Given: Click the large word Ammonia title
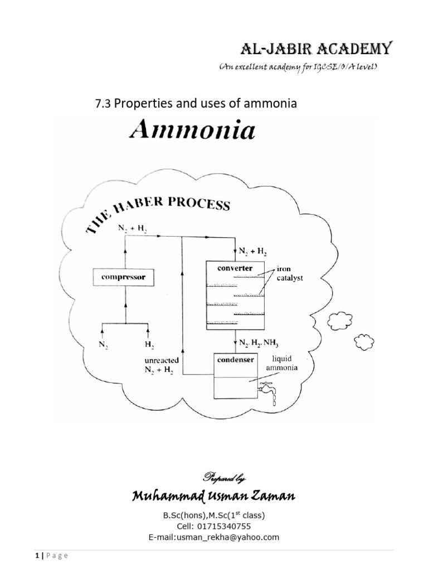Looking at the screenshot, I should point(192,131).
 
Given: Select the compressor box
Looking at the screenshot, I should point(123,276).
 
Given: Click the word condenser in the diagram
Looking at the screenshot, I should point(235,360).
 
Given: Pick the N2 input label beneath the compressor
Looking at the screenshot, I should point(104,345).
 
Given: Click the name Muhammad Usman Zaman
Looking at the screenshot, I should point(213,497).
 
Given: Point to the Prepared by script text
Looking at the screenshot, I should point(213,478).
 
